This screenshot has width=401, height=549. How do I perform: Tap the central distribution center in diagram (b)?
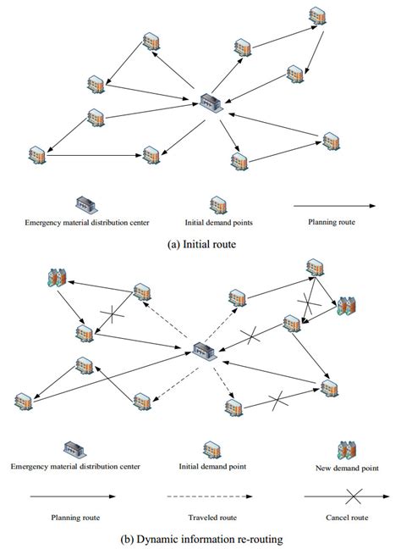(203, 350)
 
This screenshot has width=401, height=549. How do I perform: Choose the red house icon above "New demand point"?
(345, 448)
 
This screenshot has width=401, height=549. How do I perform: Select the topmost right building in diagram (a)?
(316, 16)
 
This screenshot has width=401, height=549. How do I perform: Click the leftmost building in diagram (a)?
(37, 153)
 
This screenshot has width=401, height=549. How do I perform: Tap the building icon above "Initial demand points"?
(218, 204)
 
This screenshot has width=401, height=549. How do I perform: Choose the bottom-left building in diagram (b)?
(25, 398)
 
